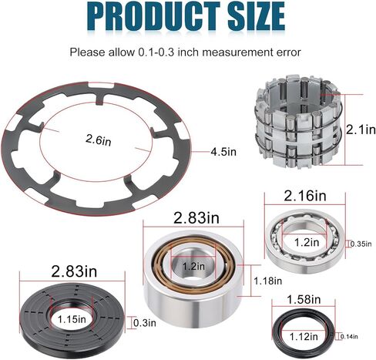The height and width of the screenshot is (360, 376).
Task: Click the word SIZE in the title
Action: pyautogui.click(x=257, y=16)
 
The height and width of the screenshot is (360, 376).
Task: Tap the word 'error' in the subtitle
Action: pyautogui.click(x=288, y=52)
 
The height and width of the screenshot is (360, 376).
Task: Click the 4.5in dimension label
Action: pyautogui.click(x=223, y=152)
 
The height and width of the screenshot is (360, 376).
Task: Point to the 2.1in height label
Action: pyautogui.click(x=361, y=130)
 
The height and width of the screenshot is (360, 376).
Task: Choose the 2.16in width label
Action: pyautogui.click(x=305, y=196)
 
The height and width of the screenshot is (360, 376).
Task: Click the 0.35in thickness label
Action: pyautogui.click(x=361, y=244)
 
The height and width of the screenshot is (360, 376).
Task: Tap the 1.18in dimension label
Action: pyautogui.click(x=268, y=281)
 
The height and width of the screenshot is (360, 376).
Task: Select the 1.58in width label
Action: pyautogui.click(x=304, y=299)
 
